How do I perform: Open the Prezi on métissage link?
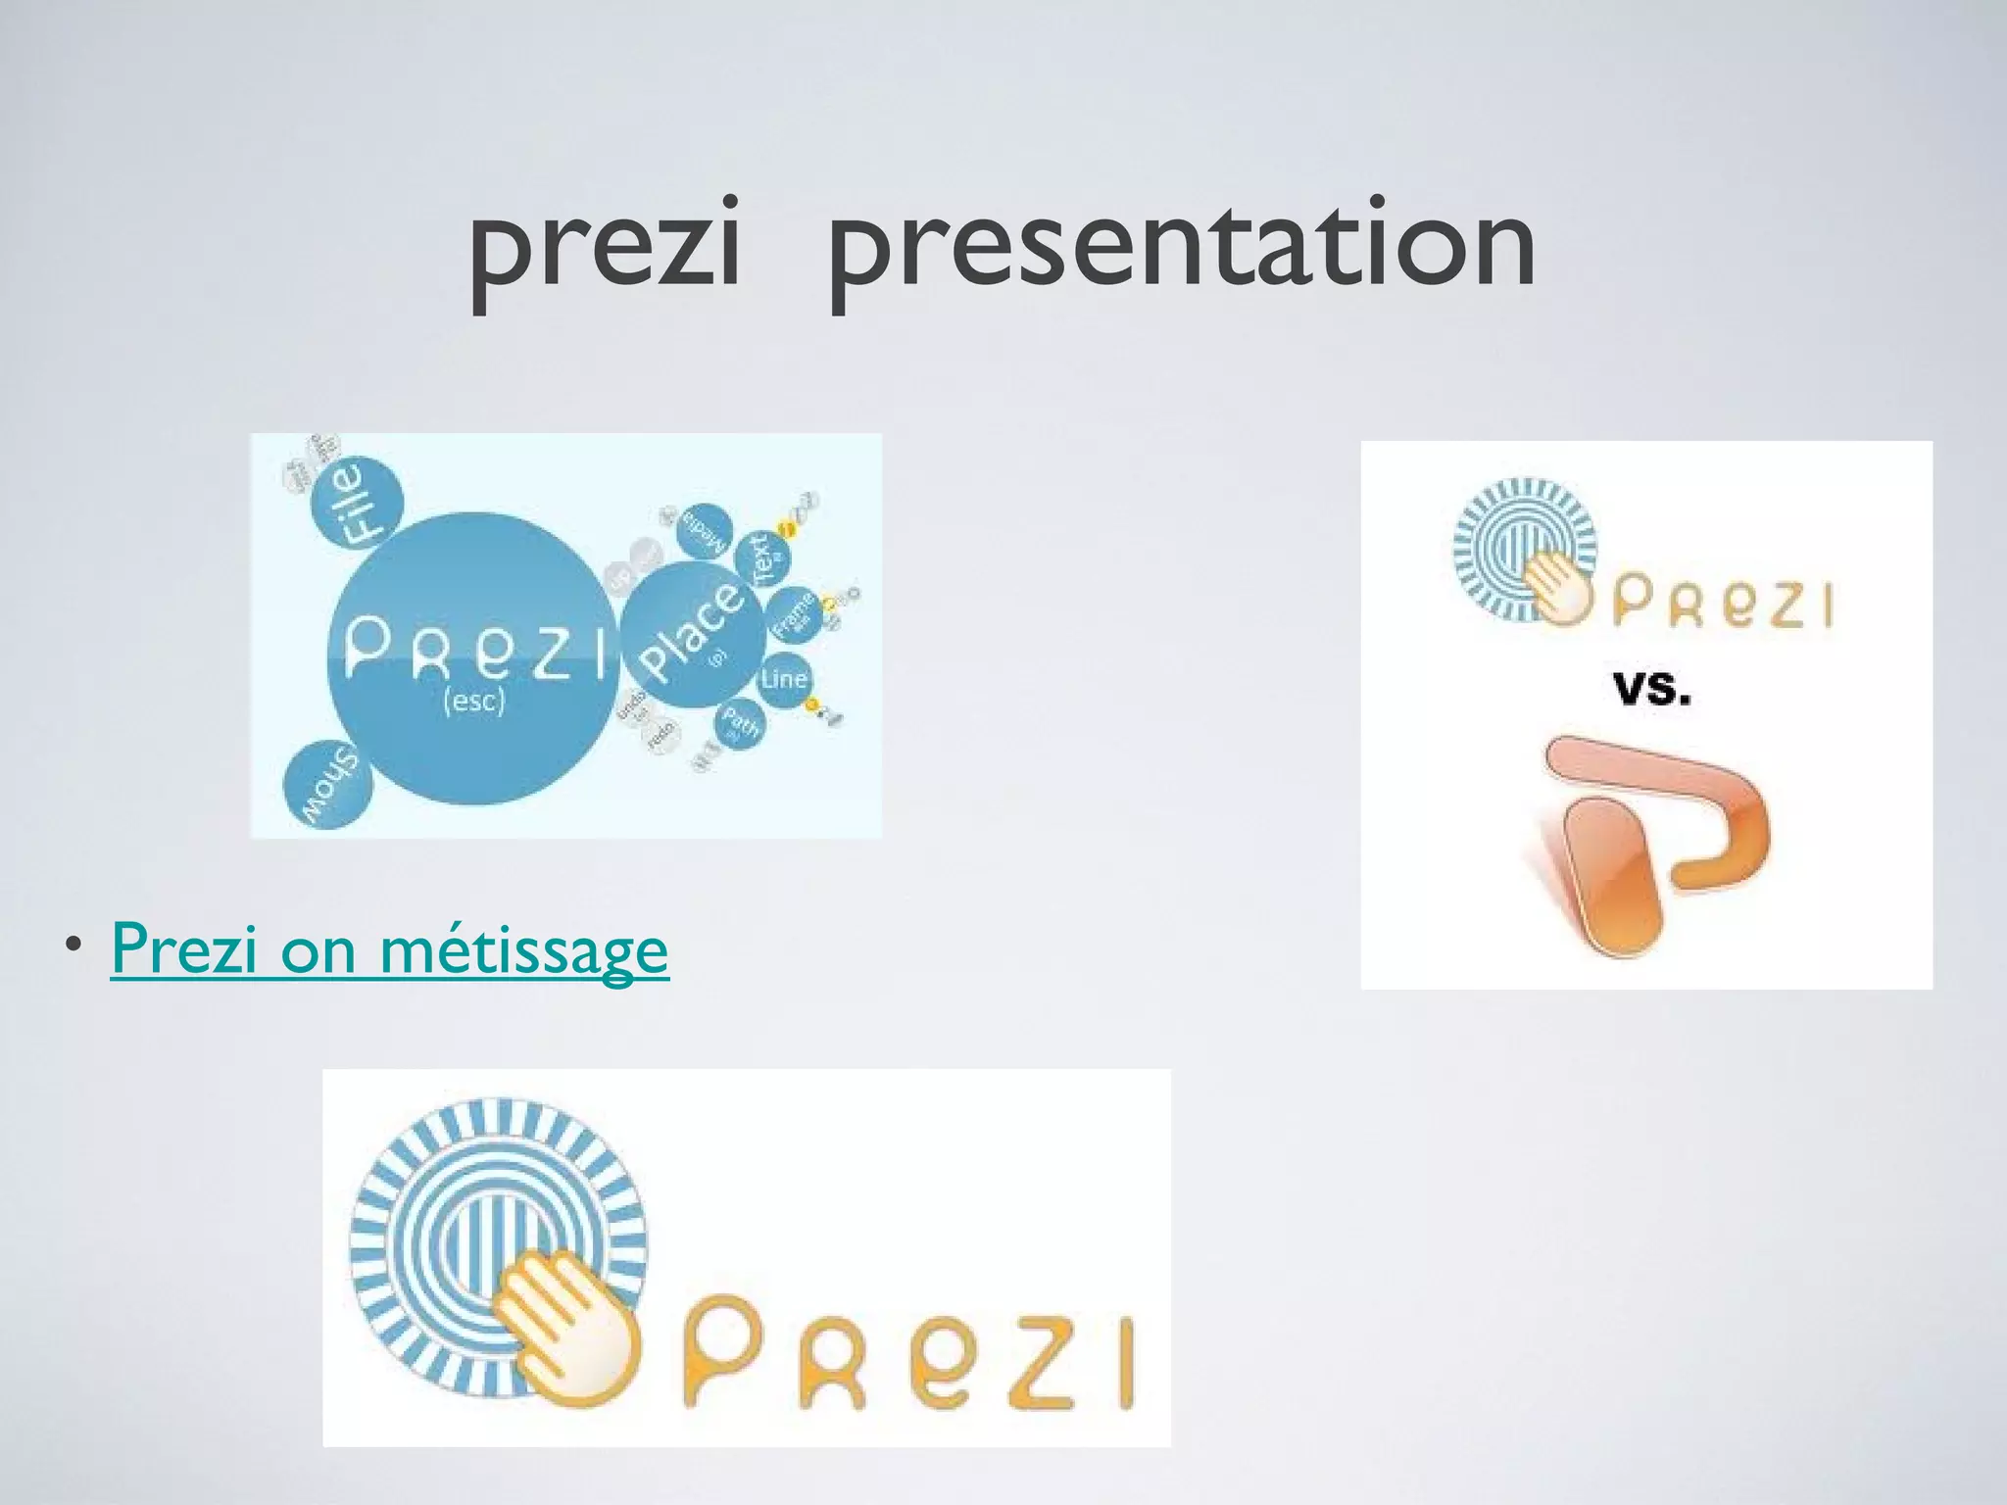[390, 948]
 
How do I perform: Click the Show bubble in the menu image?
[327, 786]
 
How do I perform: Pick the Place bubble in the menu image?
[694, 634]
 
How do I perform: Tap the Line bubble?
[784, 678]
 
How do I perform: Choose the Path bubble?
[740, 725]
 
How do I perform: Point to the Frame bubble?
[792, 613]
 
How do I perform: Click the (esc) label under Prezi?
[473, 702]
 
